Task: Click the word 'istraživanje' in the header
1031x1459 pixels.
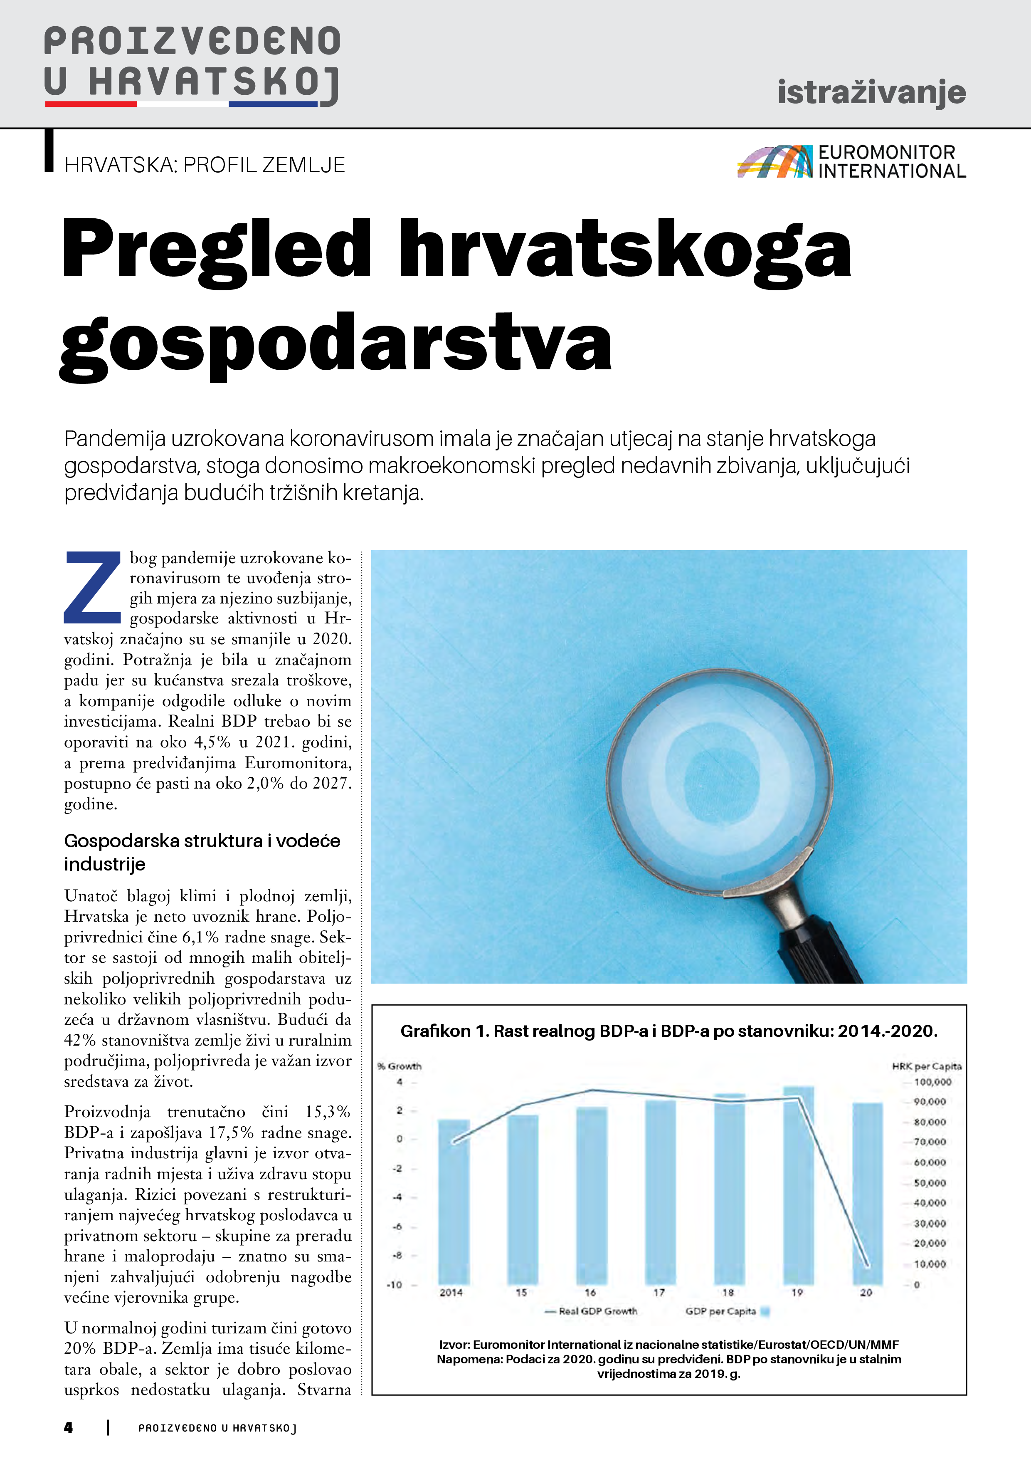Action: [871, 93]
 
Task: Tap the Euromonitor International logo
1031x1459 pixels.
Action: [851, 161]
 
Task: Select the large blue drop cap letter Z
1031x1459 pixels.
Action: [93, 588]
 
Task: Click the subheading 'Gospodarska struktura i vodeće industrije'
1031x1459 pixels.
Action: [202, 852]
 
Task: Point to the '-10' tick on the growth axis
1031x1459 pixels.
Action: [395, 1285]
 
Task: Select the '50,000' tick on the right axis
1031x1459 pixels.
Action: [930, 1183]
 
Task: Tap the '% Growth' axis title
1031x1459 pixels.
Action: [399, 1066]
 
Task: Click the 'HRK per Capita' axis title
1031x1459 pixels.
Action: [926, 1066]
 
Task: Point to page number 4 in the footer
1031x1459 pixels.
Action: [69, 1428]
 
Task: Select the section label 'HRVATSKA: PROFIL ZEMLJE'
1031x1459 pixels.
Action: [205, 165]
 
